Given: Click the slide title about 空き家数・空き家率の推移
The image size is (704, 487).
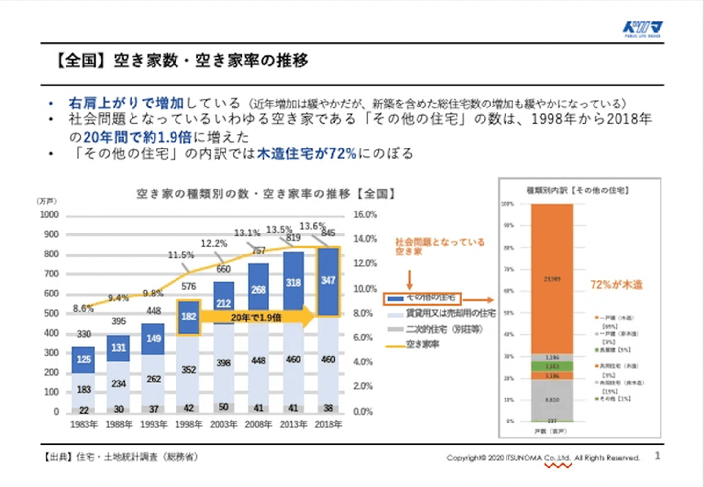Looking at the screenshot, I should pos(181,61).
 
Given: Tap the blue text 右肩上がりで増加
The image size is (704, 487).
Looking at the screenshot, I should pos(126,103).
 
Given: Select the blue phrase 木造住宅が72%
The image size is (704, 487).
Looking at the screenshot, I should pos(307,153).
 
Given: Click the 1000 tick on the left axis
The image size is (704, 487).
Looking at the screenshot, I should pos(49,215).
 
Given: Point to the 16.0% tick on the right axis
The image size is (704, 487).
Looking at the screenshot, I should pos(365,215).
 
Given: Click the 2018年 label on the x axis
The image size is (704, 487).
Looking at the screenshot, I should pos(328,424).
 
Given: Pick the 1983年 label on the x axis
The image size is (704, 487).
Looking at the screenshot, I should pos(84,424).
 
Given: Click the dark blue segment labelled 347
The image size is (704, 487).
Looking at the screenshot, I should pos(328,281).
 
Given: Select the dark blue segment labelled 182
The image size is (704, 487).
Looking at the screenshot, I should pos(189,317).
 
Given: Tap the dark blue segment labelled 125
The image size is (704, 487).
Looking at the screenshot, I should pos(84,359).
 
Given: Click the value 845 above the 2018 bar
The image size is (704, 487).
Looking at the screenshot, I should pos(329,233).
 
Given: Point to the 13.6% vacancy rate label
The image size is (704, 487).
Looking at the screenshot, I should pos(312,226).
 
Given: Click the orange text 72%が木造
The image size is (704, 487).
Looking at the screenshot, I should pos(616,285).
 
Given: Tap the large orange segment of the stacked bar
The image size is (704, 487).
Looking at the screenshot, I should pos(552,278).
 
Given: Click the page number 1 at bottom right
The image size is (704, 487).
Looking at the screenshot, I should pos(658,456).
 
